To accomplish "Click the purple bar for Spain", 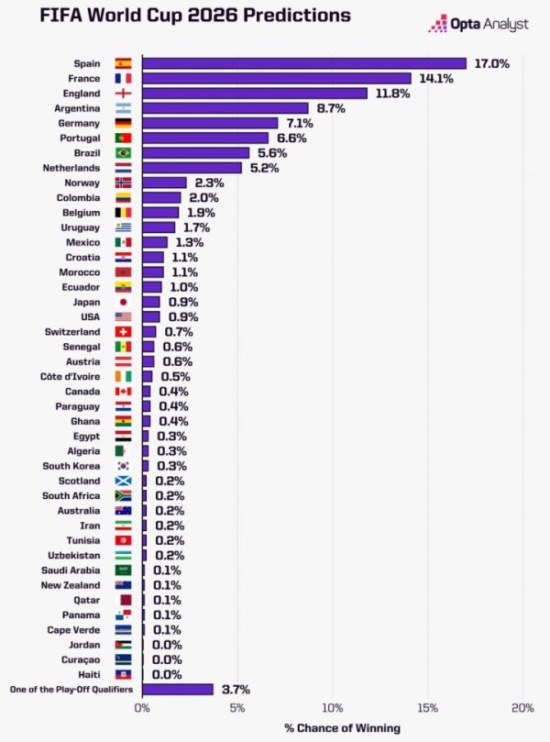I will [303, 63].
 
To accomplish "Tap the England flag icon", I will [123, 93].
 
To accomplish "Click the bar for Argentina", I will [225, 108].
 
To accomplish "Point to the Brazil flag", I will [123, 153].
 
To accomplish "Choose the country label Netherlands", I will [71, 168].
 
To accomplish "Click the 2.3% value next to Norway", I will [208, 183].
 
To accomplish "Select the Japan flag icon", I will [123, 302].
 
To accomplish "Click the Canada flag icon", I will [123, 392].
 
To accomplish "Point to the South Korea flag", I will [123, 466].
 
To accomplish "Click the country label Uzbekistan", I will [74, 555].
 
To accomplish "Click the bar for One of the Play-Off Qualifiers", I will [177, 689].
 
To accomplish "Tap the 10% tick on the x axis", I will [333, 708].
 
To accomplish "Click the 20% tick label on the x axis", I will [522, 708].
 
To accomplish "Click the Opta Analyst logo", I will [478, 25].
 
